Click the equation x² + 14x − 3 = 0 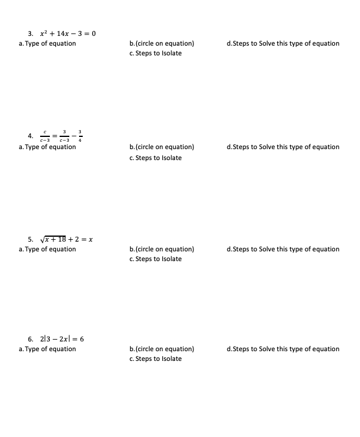(68, 33)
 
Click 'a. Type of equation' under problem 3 (47, 43)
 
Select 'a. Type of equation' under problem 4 (47, 147)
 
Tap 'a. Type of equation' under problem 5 (47, 249)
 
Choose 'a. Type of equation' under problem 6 (47, 349)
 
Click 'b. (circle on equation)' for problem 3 (162, 43)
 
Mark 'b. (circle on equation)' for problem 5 (162, 249)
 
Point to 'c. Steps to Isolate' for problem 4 (156, 158)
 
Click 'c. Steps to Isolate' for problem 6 (156, 358)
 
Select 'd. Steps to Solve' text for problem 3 (282, 43)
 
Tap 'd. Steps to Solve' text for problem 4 (282, 147)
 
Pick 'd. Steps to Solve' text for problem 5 (282, 249)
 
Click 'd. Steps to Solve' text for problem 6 (282, 349)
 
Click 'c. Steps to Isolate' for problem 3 (156, 53)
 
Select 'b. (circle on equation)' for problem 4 (162, 147)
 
